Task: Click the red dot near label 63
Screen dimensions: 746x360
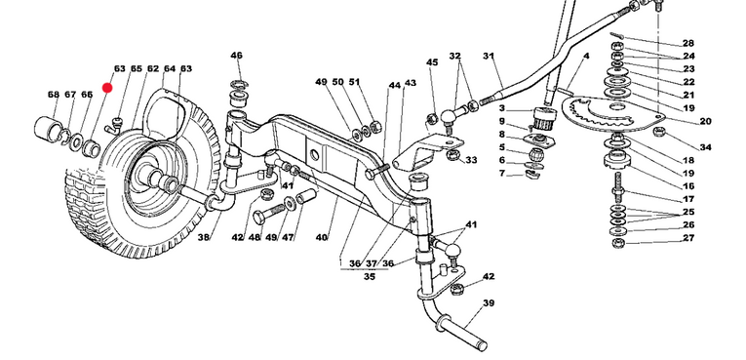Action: [x=107, y=88]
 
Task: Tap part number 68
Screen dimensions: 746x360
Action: [x=54, y=95]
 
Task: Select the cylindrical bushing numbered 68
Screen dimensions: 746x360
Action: [x=47, y=127]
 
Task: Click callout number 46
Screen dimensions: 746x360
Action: [x=236, y=56]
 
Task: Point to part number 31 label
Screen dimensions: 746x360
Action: [x=489, y=56]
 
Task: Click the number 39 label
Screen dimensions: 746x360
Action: [x=489, y=302]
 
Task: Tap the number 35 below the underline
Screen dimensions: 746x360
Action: [x=370, y=277]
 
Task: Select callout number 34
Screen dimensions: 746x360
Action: [x=706, y=147]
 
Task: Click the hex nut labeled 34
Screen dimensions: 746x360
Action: [x=658, y=131]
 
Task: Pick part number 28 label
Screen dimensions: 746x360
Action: [x=688, y=43]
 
